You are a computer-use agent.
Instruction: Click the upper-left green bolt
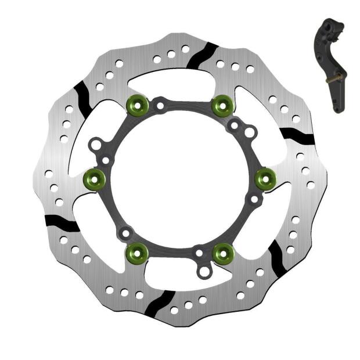[x=136, y=105]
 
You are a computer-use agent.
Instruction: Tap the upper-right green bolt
[x=222, y=105]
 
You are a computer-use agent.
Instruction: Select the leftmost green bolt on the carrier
[x=94, y=178]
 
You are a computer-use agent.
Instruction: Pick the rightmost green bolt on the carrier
[x=265, y=178]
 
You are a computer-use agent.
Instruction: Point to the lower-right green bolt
[x=222, y=252]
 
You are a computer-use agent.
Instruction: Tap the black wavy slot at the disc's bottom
[x=159, y=303]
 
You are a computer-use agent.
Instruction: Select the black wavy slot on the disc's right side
[x=297, y=136]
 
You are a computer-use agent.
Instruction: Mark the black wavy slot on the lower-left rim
[x=62, y=223]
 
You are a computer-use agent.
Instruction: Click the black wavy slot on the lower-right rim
[x=278, y=251]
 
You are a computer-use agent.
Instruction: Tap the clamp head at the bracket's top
[x=329, y=29]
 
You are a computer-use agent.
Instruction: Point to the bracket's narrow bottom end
[x=337, y=107]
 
